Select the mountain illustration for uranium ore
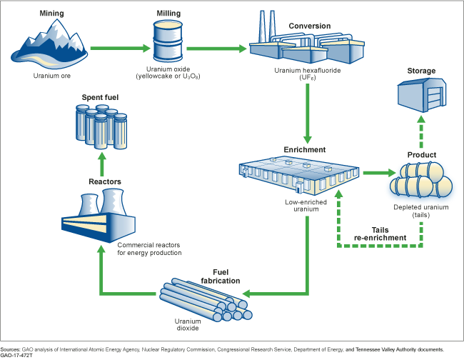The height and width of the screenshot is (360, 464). [50, 44]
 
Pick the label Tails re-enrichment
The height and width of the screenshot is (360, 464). [380, 234]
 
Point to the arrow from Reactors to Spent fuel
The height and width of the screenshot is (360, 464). [101, 159]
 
